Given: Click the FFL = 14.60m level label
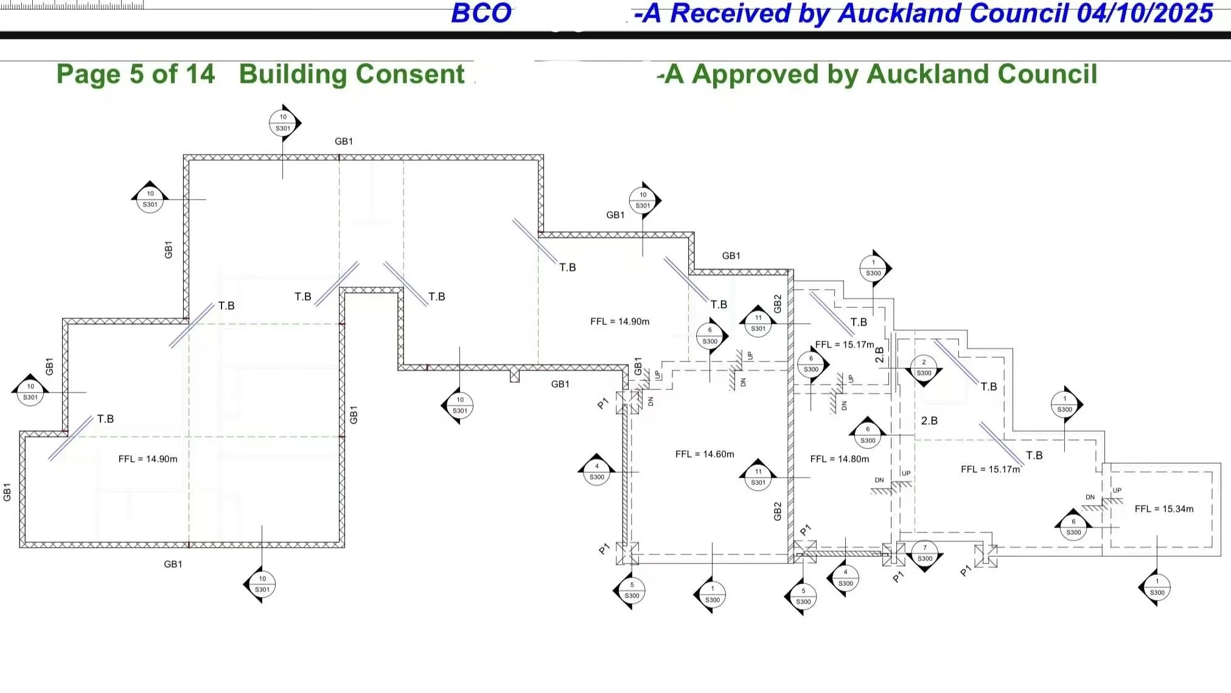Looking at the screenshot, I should [705, 454].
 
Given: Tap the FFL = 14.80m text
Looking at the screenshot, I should [840, 459].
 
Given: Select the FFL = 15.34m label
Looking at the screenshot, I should [1164, 509].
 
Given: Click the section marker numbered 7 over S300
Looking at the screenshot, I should [925, 553].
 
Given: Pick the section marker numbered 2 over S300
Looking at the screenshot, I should [924, 368].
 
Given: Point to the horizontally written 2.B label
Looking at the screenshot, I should [929, 421].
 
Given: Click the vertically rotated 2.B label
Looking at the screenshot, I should [880, 355].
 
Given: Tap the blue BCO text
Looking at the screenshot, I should [481, 14].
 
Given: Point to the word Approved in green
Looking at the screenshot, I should [755, 75].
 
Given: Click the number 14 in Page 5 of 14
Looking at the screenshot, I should [200, 75].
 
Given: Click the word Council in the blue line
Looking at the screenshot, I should [1025, 14].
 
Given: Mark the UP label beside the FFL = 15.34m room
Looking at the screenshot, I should [1117, 490].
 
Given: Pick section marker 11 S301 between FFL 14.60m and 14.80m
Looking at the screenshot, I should [758, 476].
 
